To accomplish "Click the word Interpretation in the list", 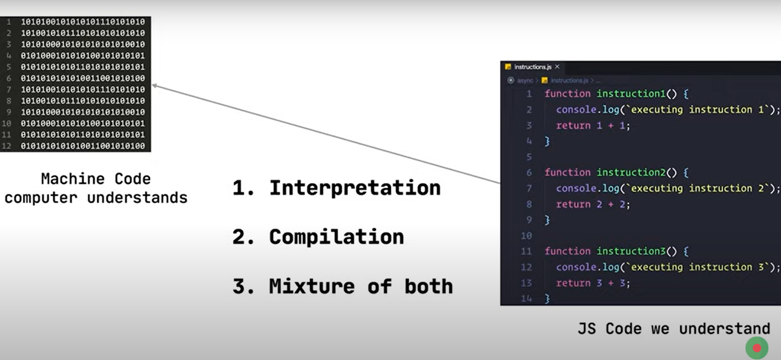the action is coord(355,188).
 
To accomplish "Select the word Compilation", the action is coord(336,237).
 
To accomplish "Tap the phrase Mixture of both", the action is coord(360,286).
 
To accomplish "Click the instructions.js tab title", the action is coord(533,67).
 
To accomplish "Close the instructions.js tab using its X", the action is coord(557,67).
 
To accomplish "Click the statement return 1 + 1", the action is coord(593,125).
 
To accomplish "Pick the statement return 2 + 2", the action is coord(593,204).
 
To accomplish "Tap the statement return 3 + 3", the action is coord(593,283).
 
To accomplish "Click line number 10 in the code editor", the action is coord(526,235).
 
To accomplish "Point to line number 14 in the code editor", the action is coord(526,298).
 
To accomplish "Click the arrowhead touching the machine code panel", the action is coord(154,86).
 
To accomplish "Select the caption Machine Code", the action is coord(96,179).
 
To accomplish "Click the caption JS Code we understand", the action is coord(674,329).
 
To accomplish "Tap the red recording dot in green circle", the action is coord(756,348).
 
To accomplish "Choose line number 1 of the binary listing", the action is coord(8,22).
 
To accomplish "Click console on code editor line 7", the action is coord(576,188).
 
